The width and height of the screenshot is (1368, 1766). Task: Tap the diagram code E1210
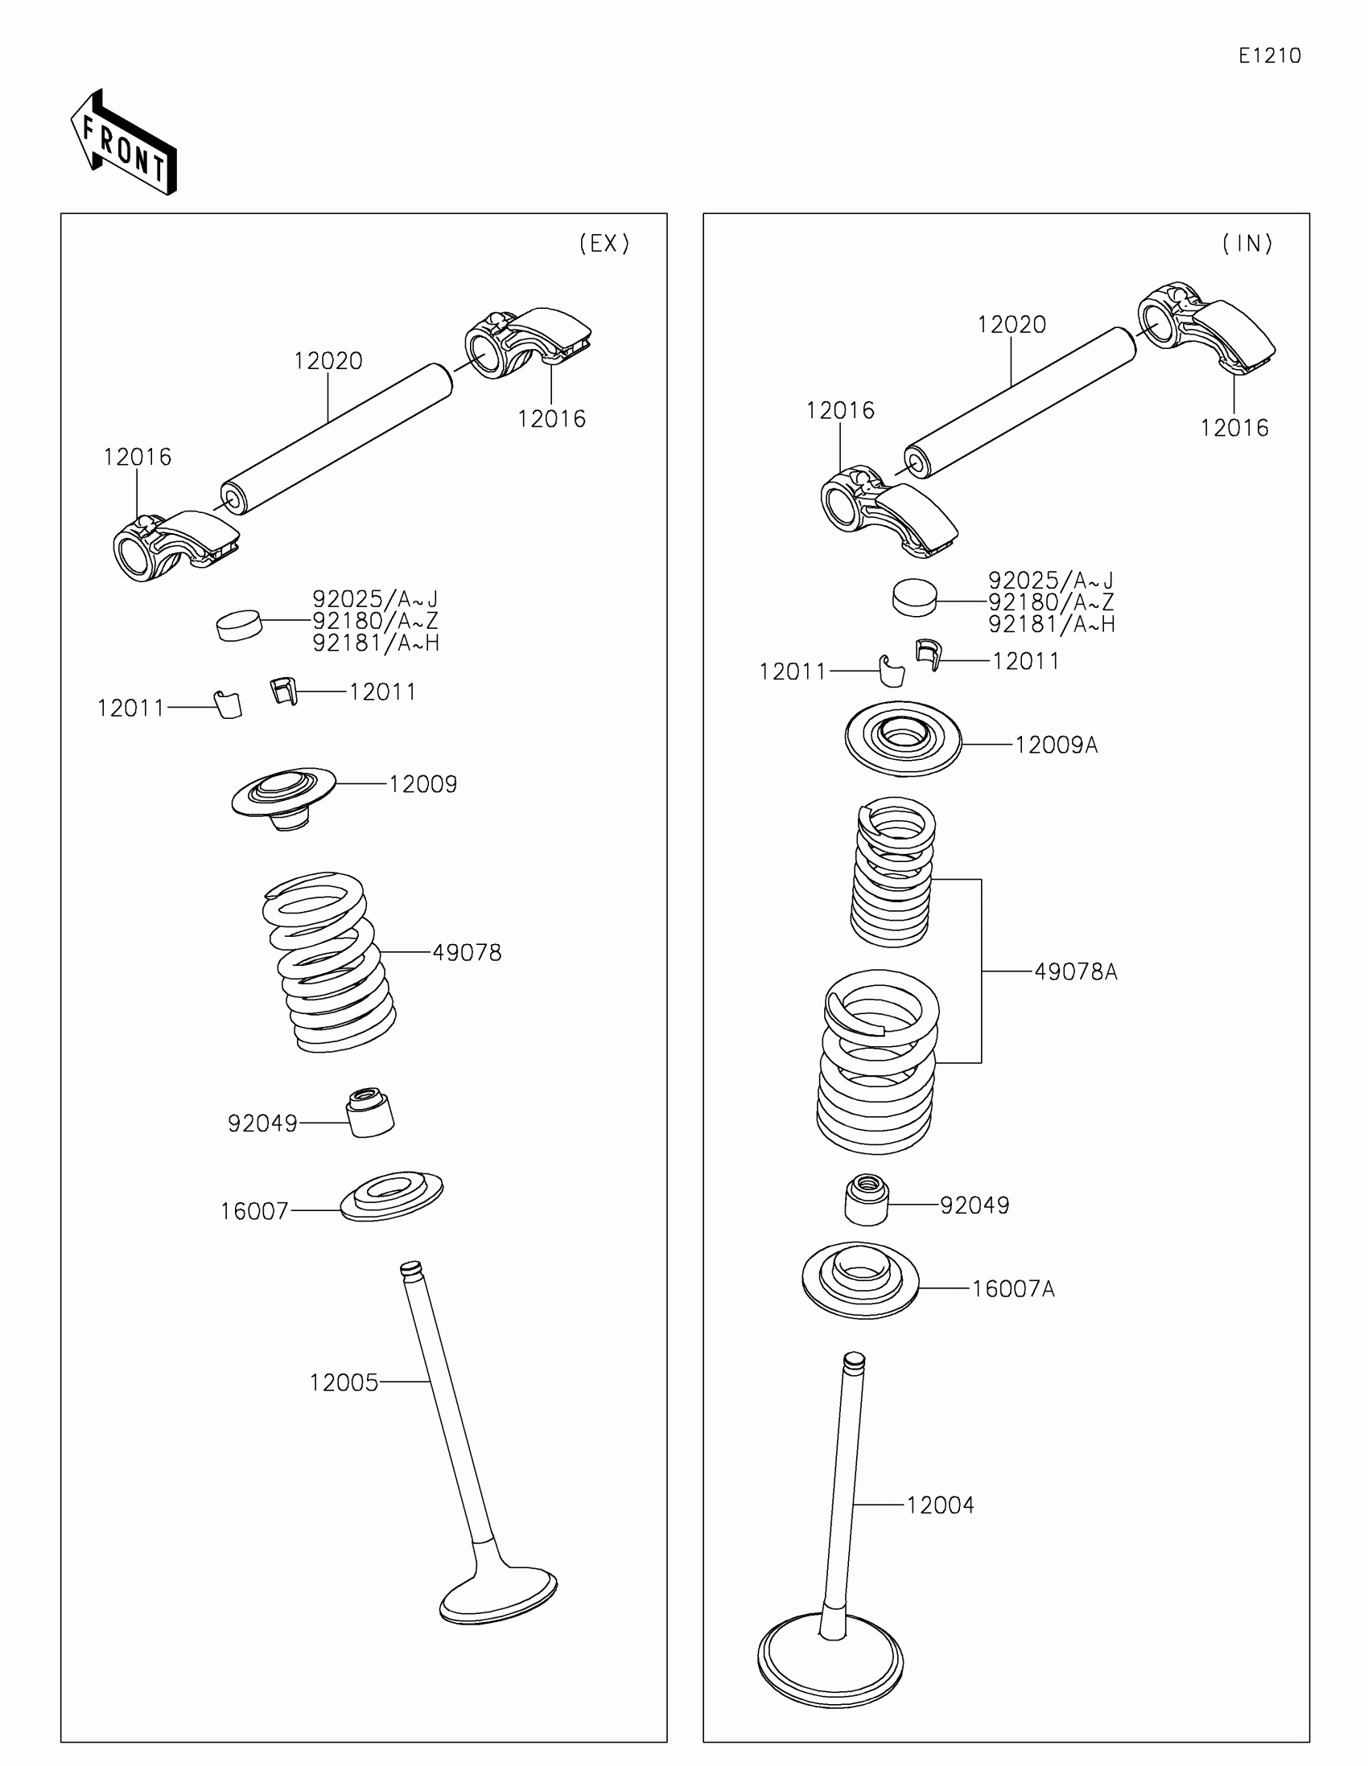pos(1269,55)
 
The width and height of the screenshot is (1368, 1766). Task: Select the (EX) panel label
pos(604,244)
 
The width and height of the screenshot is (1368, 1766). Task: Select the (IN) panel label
pos(1247,244)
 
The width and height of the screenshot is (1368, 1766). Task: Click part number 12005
pos(344,1382)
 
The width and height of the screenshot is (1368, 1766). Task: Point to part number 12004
pos(940,1505)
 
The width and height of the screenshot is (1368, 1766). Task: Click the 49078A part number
pos(1076,971)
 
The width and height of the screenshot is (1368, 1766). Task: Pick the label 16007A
pos(1013,1288)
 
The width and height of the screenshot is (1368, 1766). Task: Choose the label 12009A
pos(1057,745)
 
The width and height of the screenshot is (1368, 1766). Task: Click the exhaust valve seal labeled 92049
pos(370,1112)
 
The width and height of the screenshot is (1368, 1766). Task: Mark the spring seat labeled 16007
pos(392,1196)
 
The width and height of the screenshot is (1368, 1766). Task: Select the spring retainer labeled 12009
pos(284,794)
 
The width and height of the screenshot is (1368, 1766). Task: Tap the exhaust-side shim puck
pos(240,625)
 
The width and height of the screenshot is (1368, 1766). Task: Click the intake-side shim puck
pos(914,598)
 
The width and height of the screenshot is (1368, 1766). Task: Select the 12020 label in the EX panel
pos(328,360)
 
